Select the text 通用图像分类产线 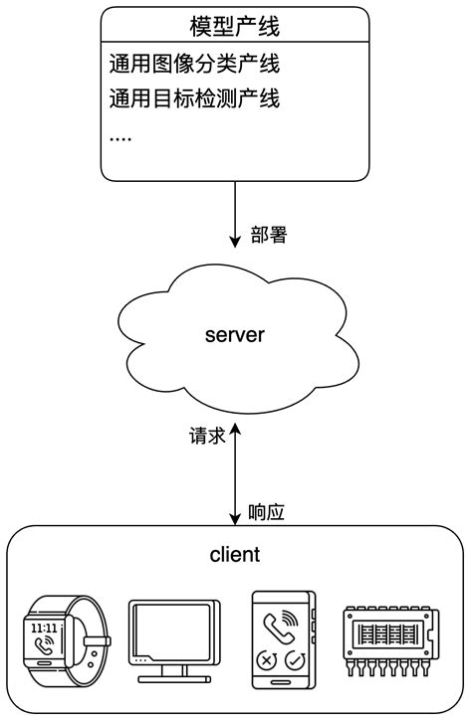point(193,66)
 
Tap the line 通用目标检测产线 point(193,97)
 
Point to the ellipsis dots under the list point(119,135)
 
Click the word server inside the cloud point(234,334)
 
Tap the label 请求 point(206,438)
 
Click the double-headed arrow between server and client point(235,472)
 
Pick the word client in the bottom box point(235,553)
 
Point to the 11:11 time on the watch point(44,629)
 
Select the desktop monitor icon point(174,634)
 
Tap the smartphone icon point(282,635)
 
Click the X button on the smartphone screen point(266,660)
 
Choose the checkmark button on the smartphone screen point(294,660)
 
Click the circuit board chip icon point(391,636)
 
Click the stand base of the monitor point(174,678)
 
